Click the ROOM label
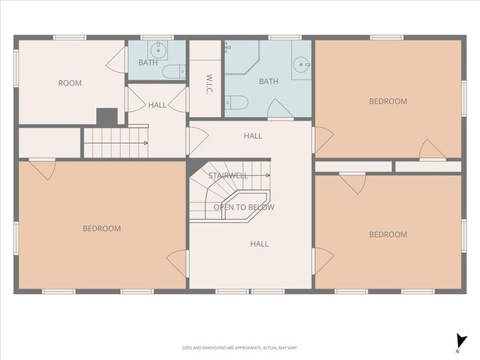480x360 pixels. pyautogui.click(x=70, y=83)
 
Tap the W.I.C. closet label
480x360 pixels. pyautogui.click(x=209, y=79)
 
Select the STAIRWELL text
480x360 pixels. pyautogui.click(x=228, y=175)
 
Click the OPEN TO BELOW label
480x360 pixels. pyautogui.click(x=244, y=207)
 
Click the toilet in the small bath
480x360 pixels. pyautogui.click(x=172, y=72)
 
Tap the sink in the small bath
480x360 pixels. pyautogui.click(x=157, y=51)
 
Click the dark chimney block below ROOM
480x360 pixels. pyautogui.click(x=107, y=117)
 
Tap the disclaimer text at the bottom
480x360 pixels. pyautogui.click(x=240, y=347)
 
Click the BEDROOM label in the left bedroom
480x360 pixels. pyautogui.click(x=101, y=228)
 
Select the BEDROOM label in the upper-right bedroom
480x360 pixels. pyautogui.click(x=388, y=101)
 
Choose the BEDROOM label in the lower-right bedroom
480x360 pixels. pyautogui.click(x=388, y=235)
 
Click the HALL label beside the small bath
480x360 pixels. pyautogui.click(x=157, y=105)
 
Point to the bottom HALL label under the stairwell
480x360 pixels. pyautogui.click(x=259, y=244)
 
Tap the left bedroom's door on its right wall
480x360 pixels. pyautogui.click(x=178, y=262)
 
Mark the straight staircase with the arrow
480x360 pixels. pyautogui.click(x=115, y=142)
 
